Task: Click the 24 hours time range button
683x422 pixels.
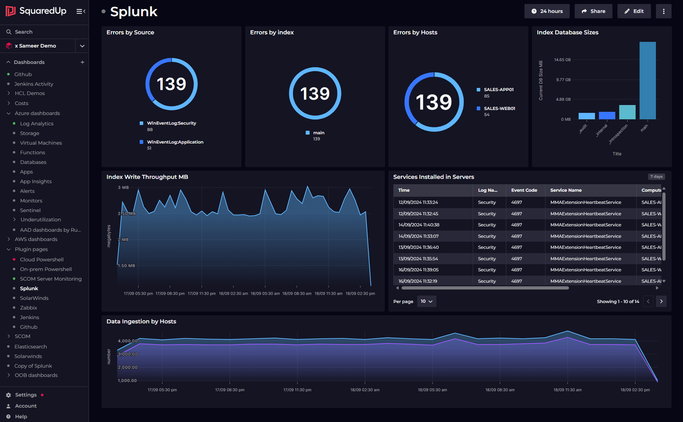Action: point(547,11)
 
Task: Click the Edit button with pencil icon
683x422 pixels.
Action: point(634,11)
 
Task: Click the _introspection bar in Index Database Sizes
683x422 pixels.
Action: point(627,112)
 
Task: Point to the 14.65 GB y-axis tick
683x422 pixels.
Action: point(562,60)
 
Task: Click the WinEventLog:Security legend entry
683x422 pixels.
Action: point(171,123)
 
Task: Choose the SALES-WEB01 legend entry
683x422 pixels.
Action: point(499,109)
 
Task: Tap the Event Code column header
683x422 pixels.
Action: point(524,190)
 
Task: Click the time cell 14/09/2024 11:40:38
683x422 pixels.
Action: point(418,225)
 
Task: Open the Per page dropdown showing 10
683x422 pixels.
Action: point(426,301)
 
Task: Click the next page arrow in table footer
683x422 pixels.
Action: point(661,301)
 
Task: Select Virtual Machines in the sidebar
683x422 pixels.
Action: point(41,143)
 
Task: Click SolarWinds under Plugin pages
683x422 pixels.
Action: point(34,298)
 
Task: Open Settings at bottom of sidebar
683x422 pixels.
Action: point(26,395)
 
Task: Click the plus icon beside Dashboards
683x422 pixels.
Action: point(82,62)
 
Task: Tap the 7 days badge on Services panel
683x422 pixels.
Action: point(656,177)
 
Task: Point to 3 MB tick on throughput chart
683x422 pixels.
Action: point(123,188)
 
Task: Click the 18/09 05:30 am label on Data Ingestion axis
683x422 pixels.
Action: point(432,390)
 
